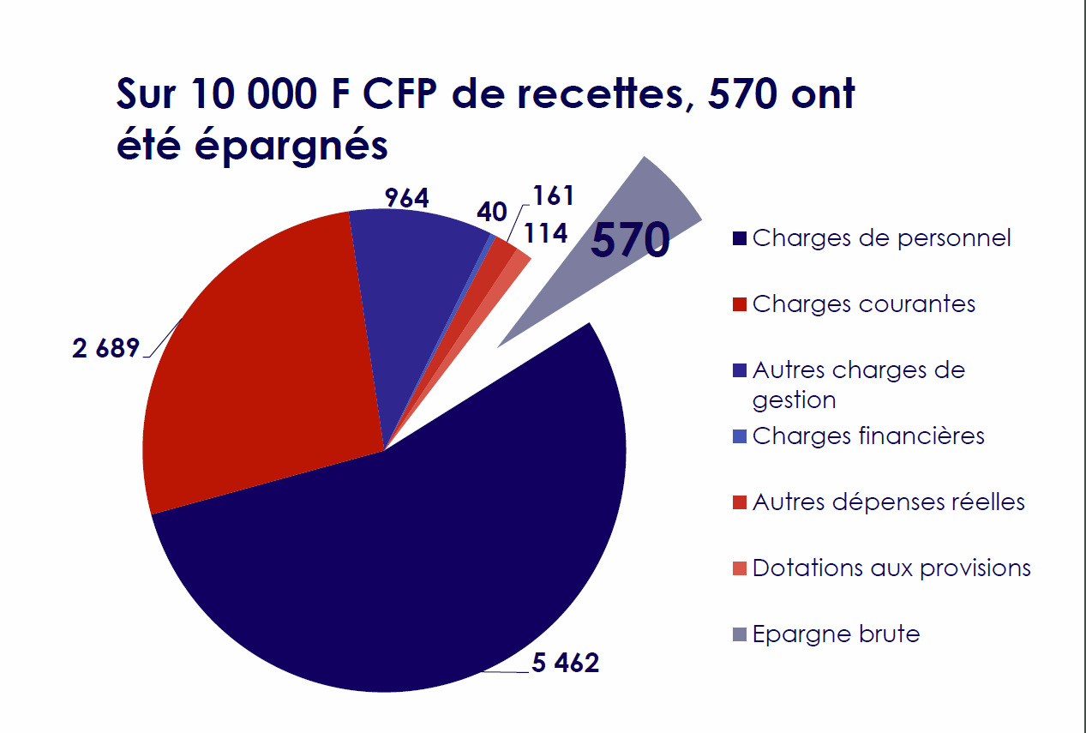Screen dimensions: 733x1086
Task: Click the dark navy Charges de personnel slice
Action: [x=411, y=566]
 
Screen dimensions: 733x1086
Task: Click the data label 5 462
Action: [x=565, y=663]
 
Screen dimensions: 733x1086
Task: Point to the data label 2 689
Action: [x=105, y=350]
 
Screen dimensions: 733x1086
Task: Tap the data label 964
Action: [x=406, y=198]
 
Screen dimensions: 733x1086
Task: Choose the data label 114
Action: [x=547, y=233]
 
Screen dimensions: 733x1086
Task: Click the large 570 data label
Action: [x=630, y=240]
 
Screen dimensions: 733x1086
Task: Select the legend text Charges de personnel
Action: [x=881, y=237]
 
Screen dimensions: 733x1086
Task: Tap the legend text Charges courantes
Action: [x=863, y=303]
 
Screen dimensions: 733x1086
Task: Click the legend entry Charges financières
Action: [x=867, y=436]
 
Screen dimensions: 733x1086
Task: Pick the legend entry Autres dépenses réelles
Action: [x=888, y=502]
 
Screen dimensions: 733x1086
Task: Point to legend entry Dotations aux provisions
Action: [x=891, y=568]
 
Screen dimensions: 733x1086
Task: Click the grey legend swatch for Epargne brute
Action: [x=740, y=635]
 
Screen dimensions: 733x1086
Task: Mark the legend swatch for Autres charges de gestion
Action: [x=740, y=371]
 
